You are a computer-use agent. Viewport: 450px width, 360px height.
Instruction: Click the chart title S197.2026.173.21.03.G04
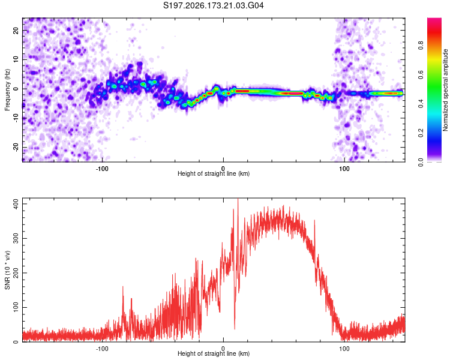[x=213, y=5]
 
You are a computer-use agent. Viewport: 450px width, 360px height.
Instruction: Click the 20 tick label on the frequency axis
[x=16, y=30]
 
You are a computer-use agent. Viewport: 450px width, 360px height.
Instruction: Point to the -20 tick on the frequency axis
[x=16, y=147]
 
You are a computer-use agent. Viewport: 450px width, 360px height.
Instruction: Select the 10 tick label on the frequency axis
[x=16, y=59]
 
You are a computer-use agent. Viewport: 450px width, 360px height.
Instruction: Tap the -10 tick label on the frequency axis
[x=16, y=118]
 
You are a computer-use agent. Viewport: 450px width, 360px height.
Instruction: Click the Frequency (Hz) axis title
[x=7, y=90]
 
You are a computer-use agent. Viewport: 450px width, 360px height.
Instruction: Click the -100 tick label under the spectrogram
[x=101, y=169]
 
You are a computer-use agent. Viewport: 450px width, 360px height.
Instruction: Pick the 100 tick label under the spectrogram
[x=344, y=169]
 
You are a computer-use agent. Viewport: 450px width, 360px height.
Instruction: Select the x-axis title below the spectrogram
[x=214, y=173]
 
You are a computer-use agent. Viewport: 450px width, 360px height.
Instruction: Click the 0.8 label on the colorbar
[x=421, y=45]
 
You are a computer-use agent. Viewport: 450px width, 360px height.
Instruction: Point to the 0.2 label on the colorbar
[x=421, y=133]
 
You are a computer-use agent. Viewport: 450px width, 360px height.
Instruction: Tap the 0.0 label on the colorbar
[x=421, y=162]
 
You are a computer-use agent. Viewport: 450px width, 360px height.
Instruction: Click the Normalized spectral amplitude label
[x=445, y=90]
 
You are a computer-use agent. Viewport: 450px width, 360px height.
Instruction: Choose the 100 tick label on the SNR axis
[x=16, y=307]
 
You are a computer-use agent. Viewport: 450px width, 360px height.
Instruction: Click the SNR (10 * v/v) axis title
[x=7, y=270]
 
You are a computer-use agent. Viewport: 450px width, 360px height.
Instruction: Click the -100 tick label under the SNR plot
[x=101, y=349]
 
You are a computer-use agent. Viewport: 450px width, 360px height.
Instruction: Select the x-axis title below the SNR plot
[x=214, y=353]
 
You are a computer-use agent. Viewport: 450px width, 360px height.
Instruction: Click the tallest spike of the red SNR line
[x=238, y=200]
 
